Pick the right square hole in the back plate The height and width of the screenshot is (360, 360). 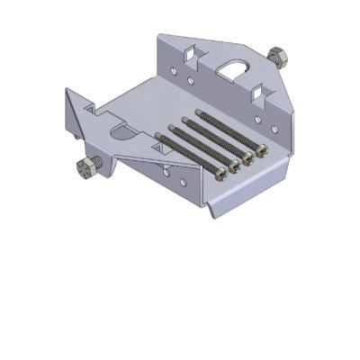(258, 91)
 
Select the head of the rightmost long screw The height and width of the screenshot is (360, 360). (262, 149)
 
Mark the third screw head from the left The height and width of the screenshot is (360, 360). (248, 157)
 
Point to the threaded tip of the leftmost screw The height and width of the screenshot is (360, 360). (158, 136)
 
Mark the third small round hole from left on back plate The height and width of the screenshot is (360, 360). (257, 118)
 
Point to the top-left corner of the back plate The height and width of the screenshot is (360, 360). (160, 37)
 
